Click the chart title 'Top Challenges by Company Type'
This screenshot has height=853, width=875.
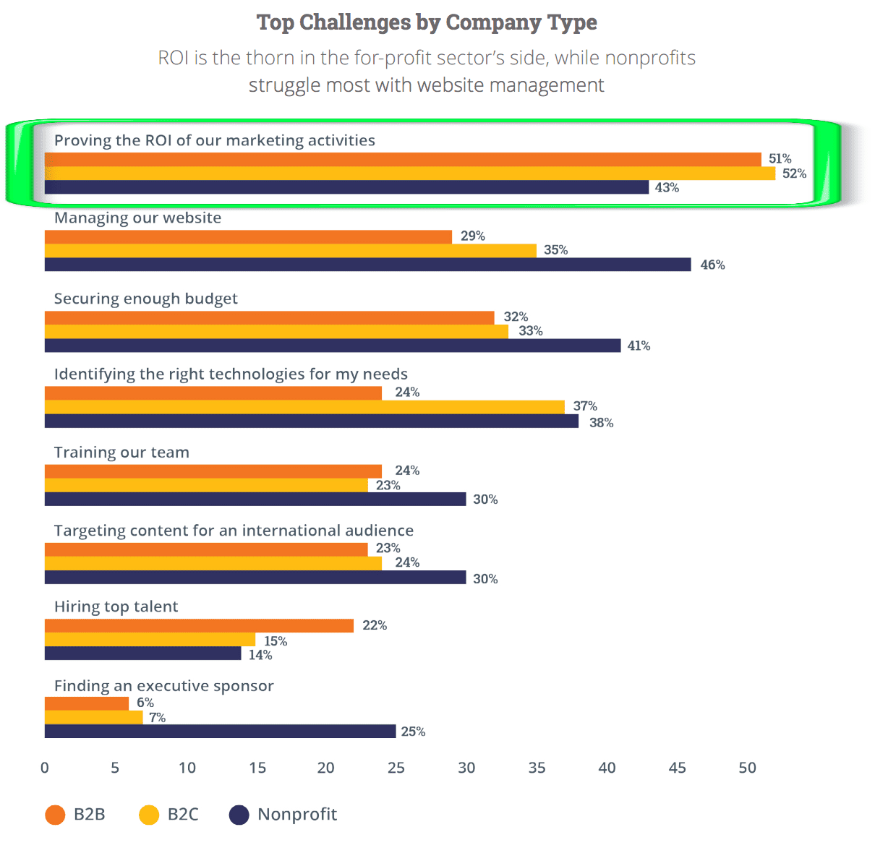[x=427, y=23]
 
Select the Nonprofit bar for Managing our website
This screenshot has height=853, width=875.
[x=367, y=265]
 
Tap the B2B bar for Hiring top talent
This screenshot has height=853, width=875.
[x=199, y=626]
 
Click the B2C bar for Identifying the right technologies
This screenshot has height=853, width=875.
[x=304, y=407]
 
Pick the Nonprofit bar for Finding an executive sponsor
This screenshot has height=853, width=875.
[x=220, y=732]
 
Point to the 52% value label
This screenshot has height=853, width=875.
[x=794, y=173]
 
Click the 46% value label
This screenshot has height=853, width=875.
[x=712, y=265]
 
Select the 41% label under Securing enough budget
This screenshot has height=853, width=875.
[x=639, y=346]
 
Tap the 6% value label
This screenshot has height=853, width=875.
[x=145, y=703]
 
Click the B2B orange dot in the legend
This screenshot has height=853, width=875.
[x=55, y=815]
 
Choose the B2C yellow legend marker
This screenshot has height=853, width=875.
[x=149, y=815]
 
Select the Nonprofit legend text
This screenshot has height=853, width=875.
[x=297, y=815]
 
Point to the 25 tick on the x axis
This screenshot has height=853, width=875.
[x=396, y=768]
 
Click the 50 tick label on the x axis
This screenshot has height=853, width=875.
[x=747, y=768]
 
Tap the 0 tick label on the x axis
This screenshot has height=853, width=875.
[x=45, y=768]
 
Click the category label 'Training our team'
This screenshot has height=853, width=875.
[x=121, y=453]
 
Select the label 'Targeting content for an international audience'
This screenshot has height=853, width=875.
[x=234, y=531]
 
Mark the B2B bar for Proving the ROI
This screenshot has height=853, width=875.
[x=403, y=160]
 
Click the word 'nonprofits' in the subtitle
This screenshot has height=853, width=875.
[x=650, y=58]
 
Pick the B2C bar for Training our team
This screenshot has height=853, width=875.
[x=206, y=486]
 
